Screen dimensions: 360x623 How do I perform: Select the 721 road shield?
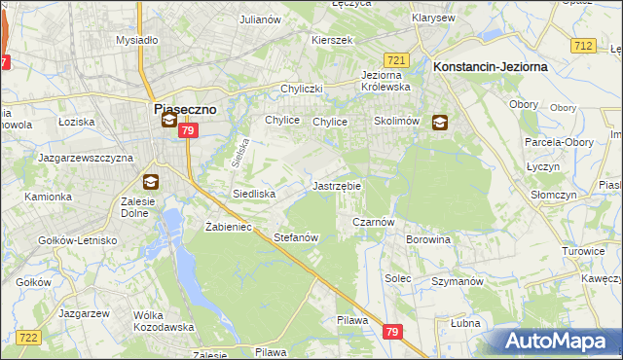395,60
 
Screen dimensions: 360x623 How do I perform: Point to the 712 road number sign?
584,46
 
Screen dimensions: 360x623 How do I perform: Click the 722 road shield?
28,337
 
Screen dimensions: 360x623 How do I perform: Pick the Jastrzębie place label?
337,185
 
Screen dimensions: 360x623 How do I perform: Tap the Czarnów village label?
372,222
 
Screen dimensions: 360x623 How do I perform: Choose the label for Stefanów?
296,237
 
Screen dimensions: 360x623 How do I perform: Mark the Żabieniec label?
229,227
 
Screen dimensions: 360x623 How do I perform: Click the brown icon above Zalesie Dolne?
150,181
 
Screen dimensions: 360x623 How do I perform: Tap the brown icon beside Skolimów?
440,123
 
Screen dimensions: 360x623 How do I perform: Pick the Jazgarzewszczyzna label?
85,157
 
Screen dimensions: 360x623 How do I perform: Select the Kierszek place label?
331,40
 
